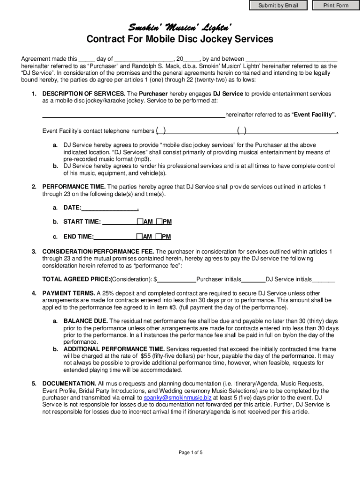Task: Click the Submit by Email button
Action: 278,6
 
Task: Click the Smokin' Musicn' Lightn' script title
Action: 180,26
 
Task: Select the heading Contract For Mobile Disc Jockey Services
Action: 180,39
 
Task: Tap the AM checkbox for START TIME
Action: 140,221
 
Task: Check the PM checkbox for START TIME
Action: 159,221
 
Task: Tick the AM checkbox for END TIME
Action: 140,236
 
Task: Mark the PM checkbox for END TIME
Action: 159,236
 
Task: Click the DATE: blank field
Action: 110,207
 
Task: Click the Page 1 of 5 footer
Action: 190,452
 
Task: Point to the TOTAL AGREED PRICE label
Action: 76,279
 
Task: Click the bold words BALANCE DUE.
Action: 86,321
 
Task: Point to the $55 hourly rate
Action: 145,356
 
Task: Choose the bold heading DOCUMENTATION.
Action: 69,384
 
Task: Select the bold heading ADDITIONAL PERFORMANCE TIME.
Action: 114,349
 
